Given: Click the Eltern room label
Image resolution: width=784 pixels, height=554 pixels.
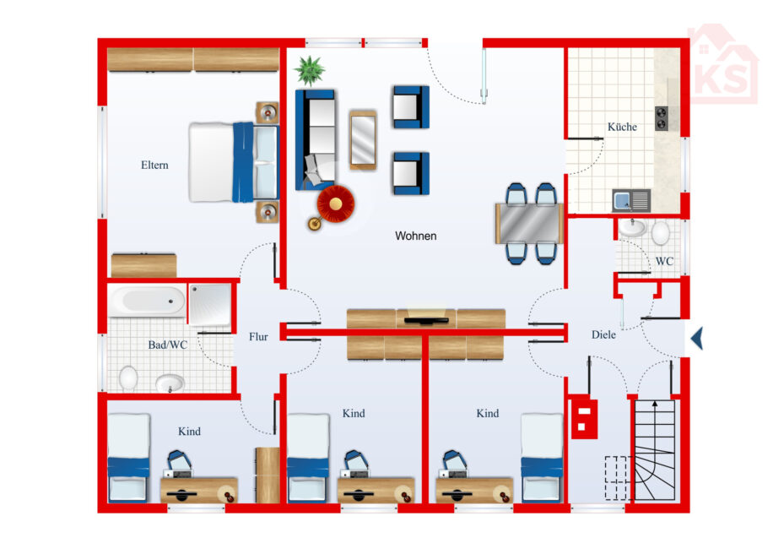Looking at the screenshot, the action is [154, 166].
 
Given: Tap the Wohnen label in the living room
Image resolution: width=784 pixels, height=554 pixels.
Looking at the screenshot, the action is [415, 236].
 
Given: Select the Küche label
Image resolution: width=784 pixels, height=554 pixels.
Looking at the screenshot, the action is [622, 127].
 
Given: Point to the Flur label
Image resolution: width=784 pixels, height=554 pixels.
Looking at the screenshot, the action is [258, 337].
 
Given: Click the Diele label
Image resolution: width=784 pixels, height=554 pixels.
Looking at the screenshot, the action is [603, 334].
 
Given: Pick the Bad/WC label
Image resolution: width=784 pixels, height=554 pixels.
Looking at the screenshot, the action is [167, 345].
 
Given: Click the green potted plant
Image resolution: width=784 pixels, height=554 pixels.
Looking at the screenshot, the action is [310, 70].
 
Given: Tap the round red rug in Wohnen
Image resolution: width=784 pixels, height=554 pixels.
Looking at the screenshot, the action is [336, 204].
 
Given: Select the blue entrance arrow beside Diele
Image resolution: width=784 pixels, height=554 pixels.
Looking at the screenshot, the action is [697, 339].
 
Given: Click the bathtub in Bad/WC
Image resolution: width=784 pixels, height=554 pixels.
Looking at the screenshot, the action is [148, 301].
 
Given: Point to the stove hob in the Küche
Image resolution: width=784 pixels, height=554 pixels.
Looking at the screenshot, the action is [662, 118].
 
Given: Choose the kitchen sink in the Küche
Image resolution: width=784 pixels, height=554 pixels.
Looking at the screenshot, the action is [631, 201].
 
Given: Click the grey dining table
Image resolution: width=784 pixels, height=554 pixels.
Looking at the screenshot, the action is [529, 223].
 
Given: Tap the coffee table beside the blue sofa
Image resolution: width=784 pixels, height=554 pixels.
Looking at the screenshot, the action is [363, 140].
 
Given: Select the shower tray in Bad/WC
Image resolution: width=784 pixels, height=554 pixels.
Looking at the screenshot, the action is [210, 304].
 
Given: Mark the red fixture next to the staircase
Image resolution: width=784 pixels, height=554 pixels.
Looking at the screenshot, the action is [584, 417].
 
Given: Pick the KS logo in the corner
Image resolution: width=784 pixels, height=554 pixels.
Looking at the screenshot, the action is [722, 64].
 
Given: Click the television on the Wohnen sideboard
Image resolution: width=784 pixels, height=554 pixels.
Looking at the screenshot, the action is [426, 320].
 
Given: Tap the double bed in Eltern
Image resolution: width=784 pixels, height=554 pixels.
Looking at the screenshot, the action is [234, 163].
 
